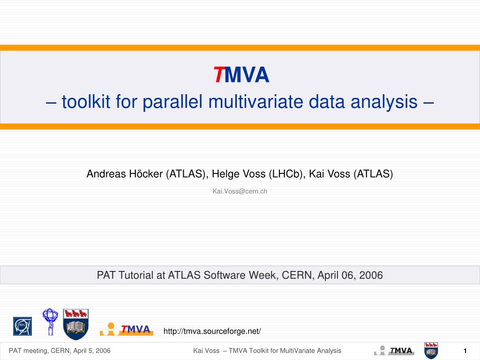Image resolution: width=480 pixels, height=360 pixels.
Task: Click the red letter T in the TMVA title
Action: (219, 75)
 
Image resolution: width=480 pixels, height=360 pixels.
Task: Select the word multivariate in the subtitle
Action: (255, 102)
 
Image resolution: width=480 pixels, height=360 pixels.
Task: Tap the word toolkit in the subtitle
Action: (86, 101)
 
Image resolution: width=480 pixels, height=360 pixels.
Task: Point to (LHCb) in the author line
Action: (286, 174)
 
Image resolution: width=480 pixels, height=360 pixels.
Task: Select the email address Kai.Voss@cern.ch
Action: (240, 191)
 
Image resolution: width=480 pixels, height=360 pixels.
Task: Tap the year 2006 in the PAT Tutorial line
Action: (371, 275)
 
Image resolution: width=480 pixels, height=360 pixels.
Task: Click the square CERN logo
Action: (22, 326)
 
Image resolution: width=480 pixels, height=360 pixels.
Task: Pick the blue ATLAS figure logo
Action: (50, 322)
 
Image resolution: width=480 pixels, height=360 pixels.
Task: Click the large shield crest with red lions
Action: (75, 324)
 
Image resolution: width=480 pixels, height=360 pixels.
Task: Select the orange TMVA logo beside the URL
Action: (126, 329)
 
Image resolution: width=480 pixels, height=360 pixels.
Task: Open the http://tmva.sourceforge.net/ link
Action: (212, 331)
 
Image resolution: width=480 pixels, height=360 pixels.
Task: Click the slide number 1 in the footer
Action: (465, 351)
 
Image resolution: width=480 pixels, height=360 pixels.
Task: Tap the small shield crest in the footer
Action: (431, 351)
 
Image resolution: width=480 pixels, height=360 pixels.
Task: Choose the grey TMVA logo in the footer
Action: (394, 351)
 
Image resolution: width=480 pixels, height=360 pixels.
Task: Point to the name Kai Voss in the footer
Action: (206, 351)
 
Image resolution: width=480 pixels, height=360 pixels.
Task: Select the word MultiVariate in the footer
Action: (297, 351)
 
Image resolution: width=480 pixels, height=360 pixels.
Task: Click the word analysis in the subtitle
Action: (384, 102)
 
